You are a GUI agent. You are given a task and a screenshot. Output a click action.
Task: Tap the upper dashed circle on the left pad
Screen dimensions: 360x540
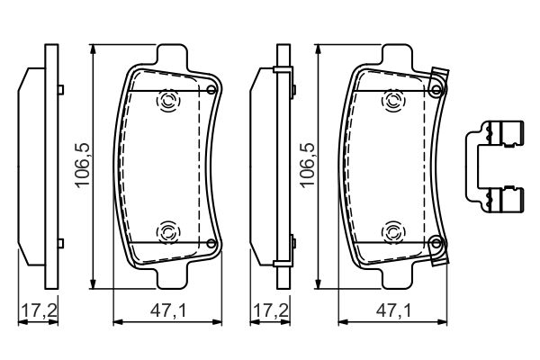[167, 101]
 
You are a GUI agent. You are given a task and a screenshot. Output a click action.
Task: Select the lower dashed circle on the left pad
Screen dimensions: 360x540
[167, 231]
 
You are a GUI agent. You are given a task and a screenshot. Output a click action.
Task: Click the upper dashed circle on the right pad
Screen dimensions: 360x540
[392, 101]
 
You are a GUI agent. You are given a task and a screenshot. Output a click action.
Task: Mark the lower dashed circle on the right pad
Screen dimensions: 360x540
[392, 231]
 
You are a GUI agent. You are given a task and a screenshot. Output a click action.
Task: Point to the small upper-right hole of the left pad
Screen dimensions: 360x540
[211, 90]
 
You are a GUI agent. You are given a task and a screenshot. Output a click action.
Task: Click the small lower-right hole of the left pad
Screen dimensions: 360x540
[211, 243]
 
